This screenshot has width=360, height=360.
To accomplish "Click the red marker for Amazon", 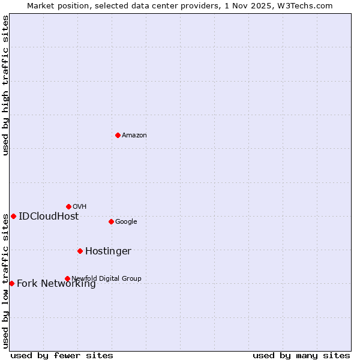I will coord(118,135).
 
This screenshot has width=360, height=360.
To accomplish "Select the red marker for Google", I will coord(111,221).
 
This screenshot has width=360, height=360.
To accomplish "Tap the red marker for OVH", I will coord(68,206).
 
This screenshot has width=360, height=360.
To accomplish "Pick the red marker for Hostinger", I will coord(80,251).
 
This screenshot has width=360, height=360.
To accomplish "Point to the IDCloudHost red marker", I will coord(13,216).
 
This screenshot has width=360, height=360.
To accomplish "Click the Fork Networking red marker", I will coord(11,283).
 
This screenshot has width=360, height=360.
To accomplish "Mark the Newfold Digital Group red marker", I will coord(67,278).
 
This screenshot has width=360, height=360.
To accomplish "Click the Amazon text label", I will coord(134,136).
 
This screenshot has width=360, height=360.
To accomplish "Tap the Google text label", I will coord(126,222).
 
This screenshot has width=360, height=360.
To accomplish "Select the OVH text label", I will coord(80,207).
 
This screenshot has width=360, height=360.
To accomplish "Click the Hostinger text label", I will coord(108,251).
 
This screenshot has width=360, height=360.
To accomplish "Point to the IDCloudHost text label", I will coord(49,217).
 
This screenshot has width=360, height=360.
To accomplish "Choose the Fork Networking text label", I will coord(56,284).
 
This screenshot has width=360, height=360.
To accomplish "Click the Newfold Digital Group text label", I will coord(106,278).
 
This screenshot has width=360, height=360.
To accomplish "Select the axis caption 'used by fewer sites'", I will coord(62,356).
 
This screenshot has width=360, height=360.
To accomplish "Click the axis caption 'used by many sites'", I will coord(301,356).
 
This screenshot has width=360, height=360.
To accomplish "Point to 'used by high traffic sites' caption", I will coord(6,85).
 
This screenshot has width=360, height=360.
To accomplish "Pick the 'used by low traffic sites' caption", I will coord(6,280).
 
